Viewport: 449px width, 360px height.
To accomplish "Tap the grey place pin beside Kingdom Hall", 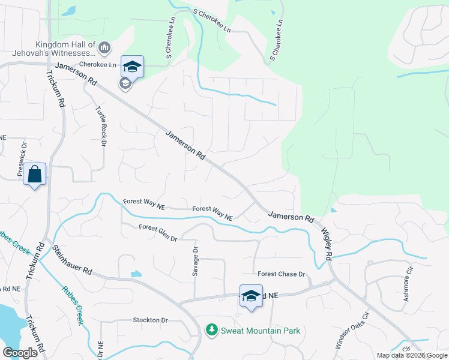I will coord(104,47).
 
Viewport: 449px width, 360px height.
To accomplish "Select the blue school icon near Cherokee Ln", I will coord(132,66).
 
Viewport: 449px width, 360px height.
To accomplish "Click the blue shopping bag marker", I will coord(35,175).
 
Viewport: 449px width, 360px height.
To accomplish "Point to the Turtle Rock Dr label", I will coord(100,126).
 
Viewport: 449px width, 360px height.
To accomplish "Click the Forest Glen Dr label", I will coord(158,233).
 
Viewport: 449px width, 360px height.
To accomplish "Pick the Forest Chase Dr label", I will coord(282,274).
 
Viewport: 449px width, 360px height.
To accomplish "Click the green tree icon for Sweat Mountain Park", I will coord(211,330).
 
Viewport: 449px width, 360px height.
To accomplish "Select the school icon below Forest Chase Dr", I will coord(252,295).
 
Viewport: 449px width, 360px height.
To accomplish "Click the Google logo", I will coord(20,353).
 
